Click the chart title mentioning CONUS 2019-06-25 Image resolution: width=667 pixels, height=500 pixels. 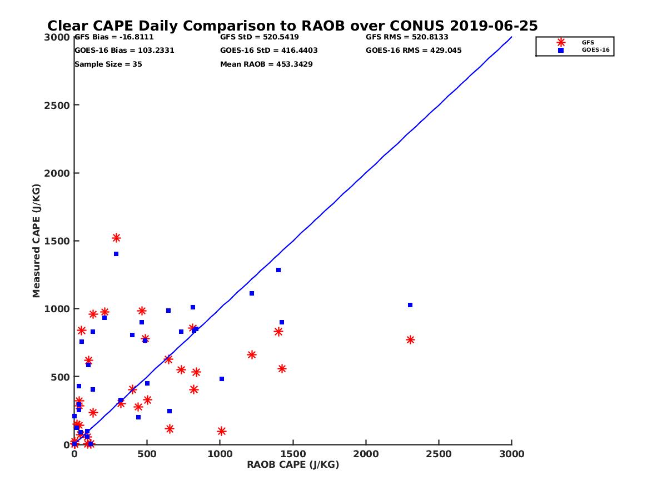coord(292,26)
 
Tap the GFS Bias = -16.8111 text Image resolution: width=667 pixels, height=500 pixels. coord(114,37)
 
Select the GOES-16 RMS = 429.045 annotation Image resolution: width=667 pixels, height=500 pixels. coord(414,51)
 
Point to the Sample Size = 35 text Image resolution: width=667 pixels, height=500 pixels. coord(108,64)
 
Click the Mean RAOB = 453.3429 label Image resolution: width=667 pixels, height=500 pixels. coord(266,64)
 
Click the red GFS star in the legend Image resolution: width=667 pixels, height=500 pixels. coord(561,42)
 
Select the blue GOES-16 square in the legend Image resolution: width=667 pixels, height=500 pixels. coord(561,50)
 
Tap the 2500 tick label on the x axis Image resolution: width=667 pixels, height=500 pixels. coord(439,454)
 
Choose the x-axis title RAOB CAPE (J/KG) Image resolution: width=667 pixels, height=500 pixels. coord(293,464)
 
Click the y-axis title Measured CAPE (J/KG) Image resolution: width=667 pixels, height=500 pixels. coord(37,241)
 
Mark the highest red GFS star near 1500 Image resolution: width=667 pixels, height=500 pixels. coord(116,238)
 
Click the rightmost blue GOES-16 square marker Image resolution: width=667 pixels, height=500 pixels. coord(410,305)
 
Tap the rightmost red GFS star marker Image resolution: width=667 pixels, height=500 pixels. coord(410,339)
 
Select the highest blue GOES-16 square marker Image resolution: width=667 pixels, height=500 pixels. coord(116,254)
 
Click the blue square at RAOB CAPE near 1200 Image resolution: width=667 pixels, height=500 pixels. coord(251,293)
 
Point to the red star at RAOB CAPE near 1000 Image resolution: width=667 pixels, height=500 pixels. coord(221,431)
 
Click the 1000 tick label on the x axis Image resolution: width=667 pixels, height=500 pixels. coord(220,454)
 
